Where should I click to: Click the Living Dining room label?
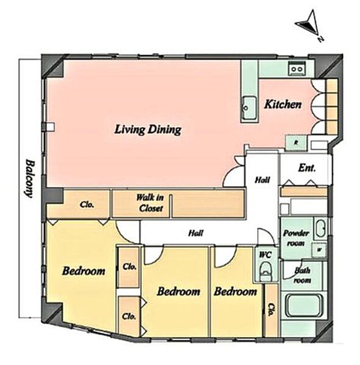point(148,130)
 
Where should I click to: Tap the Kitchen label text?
point(283,104)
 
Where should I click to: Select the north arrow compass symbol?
point(310,25)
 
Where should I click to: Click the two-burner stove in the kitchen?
point(297,68)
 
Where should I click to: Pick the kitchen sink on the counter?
point(249,108)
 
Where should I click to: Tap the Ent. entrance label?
point(307,168)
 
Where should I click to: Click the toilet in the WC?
point(266,271)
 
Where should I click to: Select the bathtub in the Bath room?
point(304,306)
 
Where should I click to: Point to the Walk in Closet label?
point(150,203)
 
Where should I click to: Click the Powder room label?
point(296,238)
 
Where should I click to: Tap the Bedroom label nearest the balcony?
point(83,271)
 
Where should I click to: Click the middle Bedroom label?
point(178,291)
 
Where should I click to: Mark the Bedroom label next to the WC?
point(236,291)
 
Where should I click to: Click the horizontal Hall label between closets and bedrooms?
point(196,233)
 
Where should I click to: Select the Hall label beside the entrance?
point(263,180)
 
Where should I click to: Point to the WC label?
point(266,255)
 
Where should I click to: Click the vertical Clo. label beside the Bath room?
point(271,310)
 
